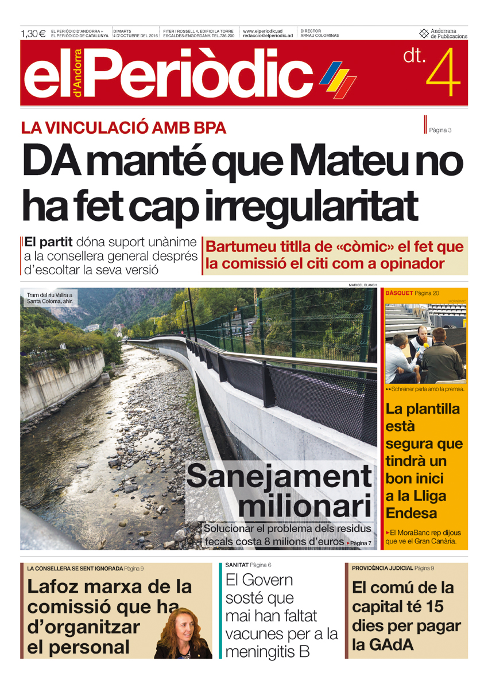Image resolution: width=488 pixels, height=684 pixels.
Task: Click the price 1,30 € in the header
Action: click(x=33, y=33)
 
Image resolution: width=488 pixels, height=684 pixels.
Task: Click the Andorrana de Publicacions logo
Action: click(x=443, y=33)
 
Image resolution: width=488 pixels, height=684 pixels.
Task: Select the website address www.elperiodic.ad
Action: click(x=262, y=31)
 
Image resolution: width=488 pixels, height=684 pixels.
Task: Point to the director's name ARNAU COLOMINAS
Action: click(x=320, y=36)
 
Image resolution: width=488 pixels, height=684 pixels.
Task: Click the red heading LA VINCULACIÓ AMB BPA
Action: click(x=123, y=128)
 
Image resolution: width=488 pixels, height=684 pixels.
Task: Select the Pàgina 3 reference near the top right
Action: click(x=440, y=130)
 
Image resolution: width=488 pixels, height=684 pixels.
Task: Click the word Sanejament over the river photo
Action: click(x=279, y=477)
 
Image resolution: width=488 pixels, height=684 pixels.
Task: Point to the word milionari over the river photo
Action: click(x=304, y=507)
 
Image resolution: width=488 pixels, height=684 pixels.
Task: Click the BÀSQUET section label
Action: click(x=399, y=293)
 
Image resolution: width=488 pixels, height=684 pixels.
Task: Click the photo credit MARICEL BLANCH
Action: click(x=362, y=285)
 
